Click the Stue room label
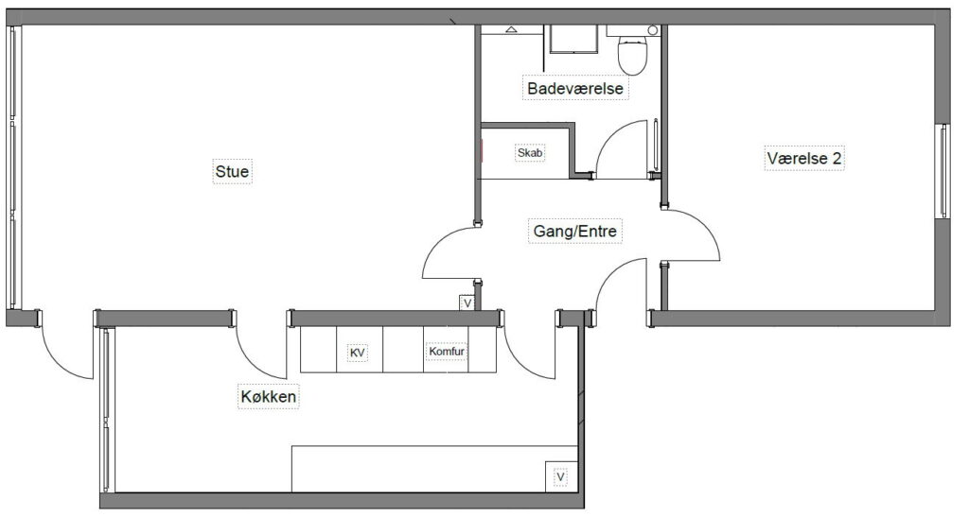click(233, 171)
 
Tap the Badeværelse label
click(575, 88)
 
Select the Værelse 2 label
click(804, 158)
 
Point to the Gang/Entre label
click(574, 231)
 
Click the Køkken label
click(268, 396)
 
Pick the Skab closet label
click(530, 152)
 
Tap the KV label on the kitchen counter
click(357, 353)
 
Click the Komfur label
click(447, 351)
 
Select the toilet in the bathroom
click(633, 53)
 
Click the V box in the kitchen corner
click(561, 476)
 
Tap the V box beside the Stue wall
click(467, 302)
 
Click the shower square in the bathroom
click(573, 40)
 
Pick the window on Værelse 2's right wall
click(943, 170)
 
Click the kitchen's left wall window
click(106, 409)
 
